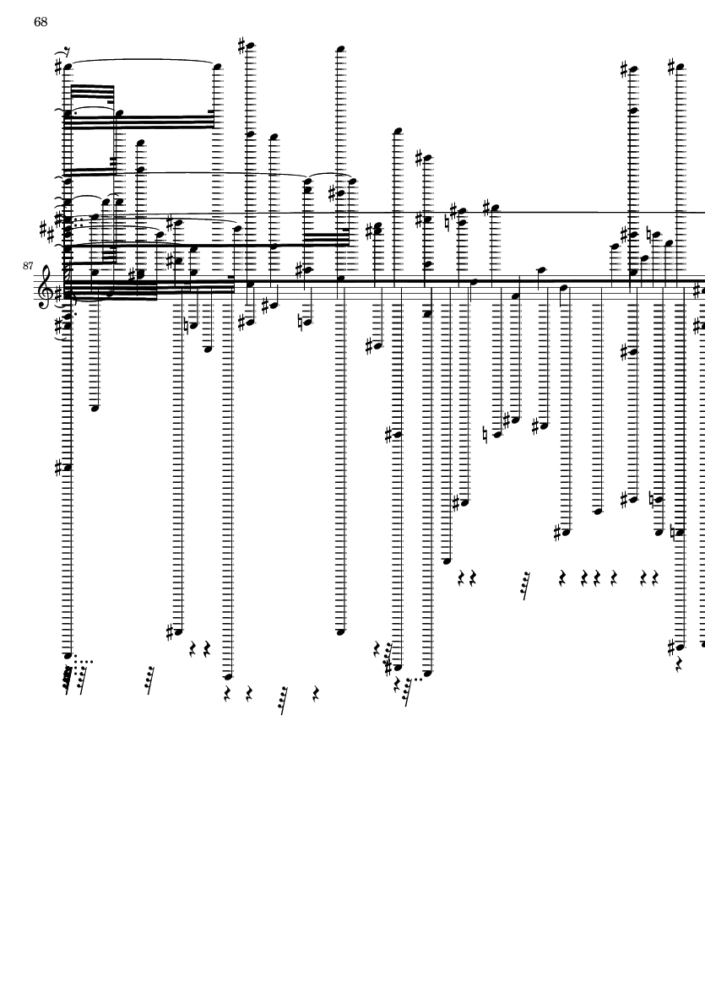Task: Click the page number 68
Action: tap(41, 22)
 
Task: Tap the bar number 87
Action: tap(28, 266)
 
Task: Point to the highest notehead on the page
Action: tap(250, 46)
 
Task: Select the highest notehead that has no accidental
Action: tap(340, 49)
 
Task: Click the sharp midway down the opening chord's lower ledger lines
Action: tap(60, 467)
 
